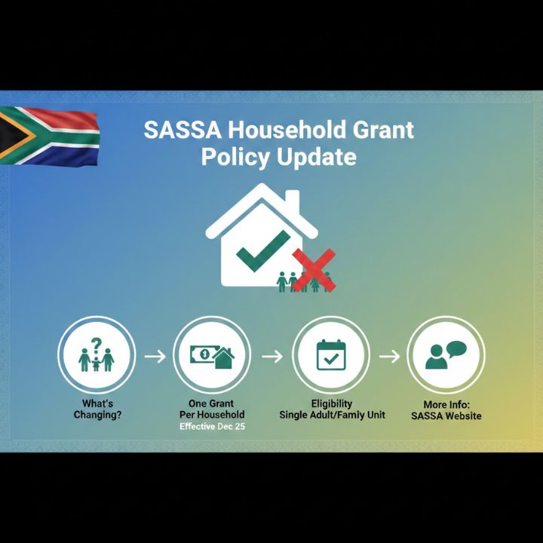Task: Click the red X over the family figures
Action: (x=313, y=269)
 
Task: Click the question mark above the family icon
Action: (x=96, y=344)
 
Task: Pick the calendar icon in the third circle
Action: (x=330, y=354)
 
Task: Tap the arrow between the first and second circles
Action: (x=154, y=355)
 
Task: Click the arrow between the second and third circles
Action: (x=271, y=355)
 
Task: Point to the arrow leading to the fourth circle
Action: (x=389, y=355)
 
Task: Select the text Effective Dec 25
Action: (x=212, y=426)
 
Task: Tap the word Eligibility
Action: (x=331, y=403)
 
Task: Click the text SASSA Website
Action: (x=446, y=416)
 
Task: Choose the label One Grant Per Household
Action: (x=212, y=410)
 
